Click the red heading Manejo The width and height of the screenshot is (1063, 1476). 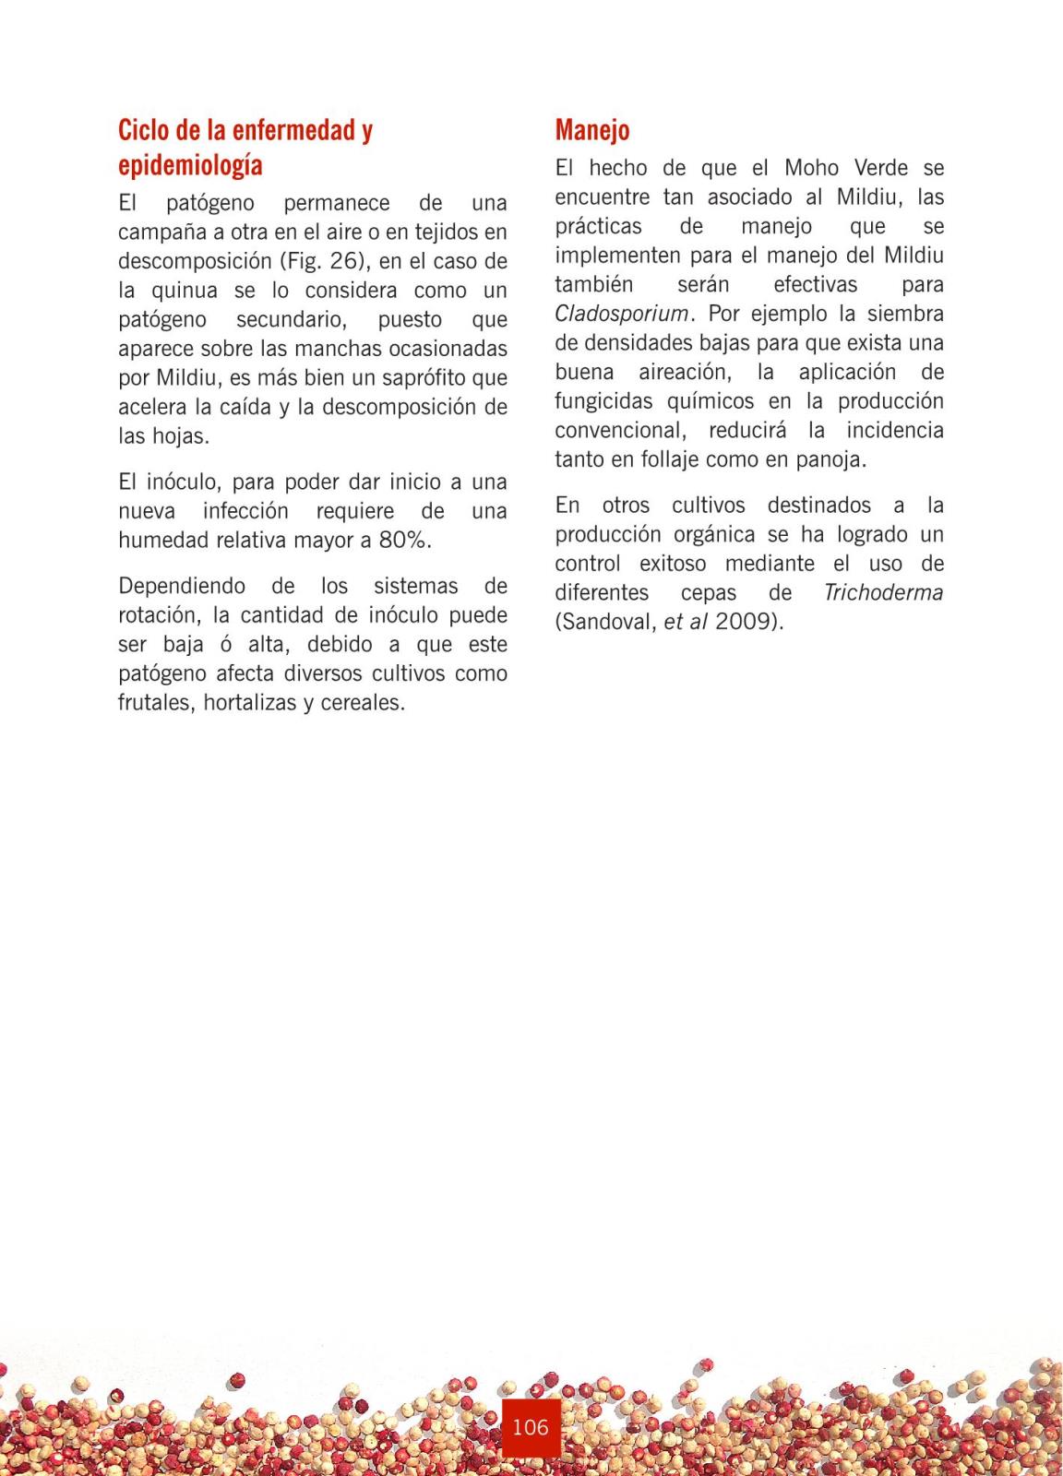(592, 130)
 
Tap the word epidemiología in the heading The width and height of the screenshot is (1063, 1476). (190, 166)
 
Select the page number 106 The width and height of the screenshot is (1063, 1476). (531, 1427)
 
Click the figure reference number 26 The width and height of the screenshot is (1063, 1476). (342, 261)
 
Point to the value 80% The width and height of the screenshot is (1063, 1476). (404, 541)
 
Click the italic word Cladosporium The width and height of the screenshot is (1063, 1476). (622, 314)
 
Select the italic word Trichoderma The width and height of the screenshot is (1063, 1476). (883, 592)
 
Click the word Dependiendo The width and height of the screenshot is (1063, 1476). (182, 587)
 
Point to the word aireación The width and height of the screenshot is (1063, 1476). (684, 372)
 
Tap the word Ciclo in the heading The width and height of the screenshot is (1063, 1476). (143, 131)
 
